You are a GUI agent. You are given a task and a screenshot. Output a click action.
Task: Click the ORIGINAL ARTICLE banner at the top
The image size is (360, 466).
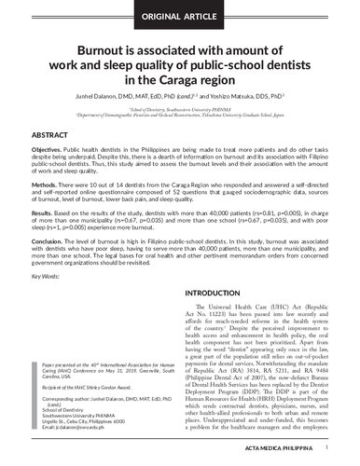pos(179,16)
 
